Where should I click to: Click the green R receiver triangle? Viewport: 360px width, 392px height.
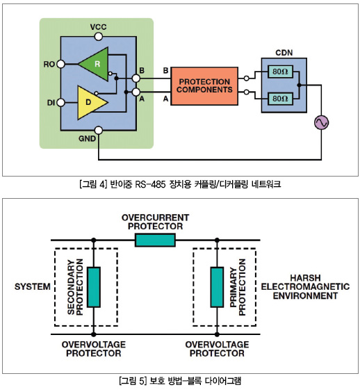96,64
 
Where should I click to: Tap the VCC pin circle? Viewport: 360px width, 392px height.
99,37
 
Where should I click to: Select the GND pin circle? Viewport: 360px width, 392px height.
99,130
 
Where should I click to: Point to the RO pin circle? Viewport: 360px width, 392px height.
60,64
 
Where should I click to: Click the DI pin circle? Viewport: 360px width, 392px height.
60,102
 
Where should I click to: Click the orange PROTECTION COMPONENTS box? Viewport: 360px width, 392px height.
204,86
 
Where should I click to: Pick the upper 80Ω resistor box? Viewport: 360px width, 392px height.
280,72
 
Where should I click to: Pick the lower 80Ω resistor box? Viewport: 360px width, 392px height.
280,99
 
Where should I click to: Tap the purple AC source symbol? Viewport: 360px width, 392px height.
321,122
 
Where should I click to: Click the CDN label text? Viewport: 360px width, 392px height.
284,53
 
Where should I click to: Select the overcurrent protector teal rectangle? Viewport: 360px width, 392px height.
155,240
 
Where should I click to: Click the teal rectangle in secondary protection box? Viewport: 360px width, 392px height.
94,287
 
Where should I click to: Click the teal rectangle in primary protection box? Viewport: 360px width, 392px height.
217,287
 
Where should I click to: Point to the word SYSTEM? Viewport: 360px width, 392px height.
33,286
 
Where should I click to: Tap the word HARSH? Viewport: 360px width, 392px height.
305,278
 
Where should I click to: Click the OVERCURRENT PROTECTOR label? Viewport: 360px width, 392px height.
155,222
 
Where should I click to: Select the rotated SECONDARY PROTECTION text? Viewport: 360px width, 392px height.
75,287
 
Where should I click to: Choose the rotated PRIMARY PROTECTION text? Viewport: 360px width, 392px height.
238,287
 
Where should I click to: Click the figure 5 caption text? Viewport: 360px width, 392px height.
180,381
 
